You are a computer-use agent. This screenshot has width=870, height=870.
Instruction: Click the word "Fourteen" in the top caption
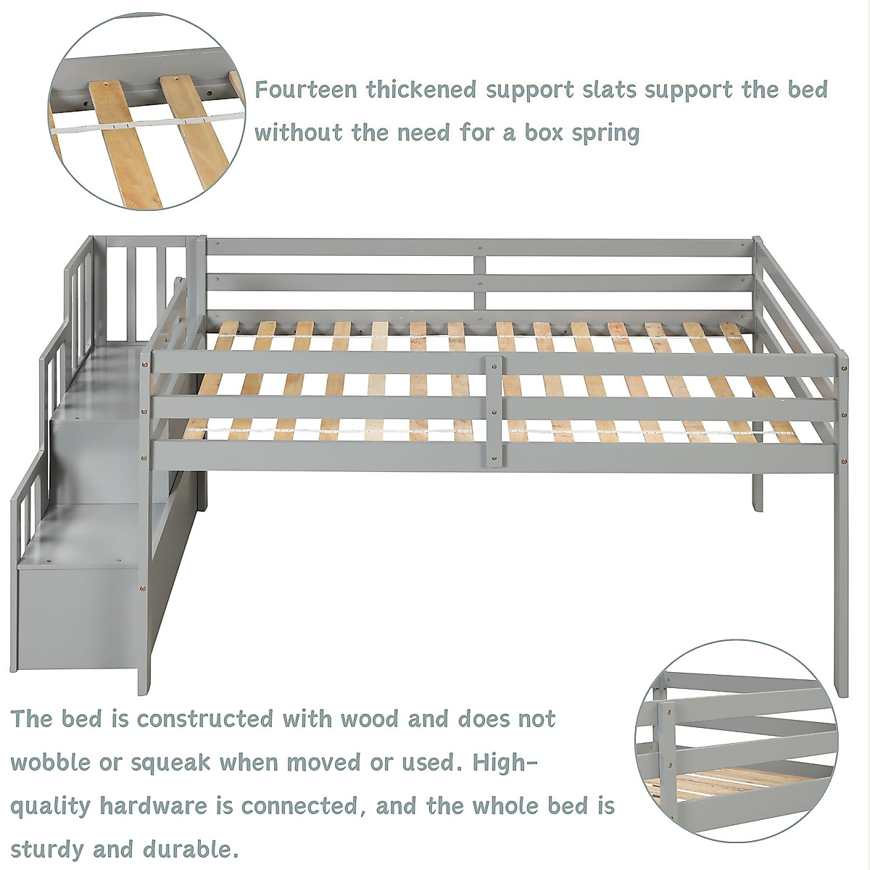tap(306, 90)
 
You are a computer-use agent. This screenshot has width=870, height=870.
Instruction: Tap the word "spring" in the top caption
tap(603, 133)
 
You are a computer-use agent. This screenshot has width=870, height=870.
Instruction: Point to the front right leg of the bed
tap(840, 580)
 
